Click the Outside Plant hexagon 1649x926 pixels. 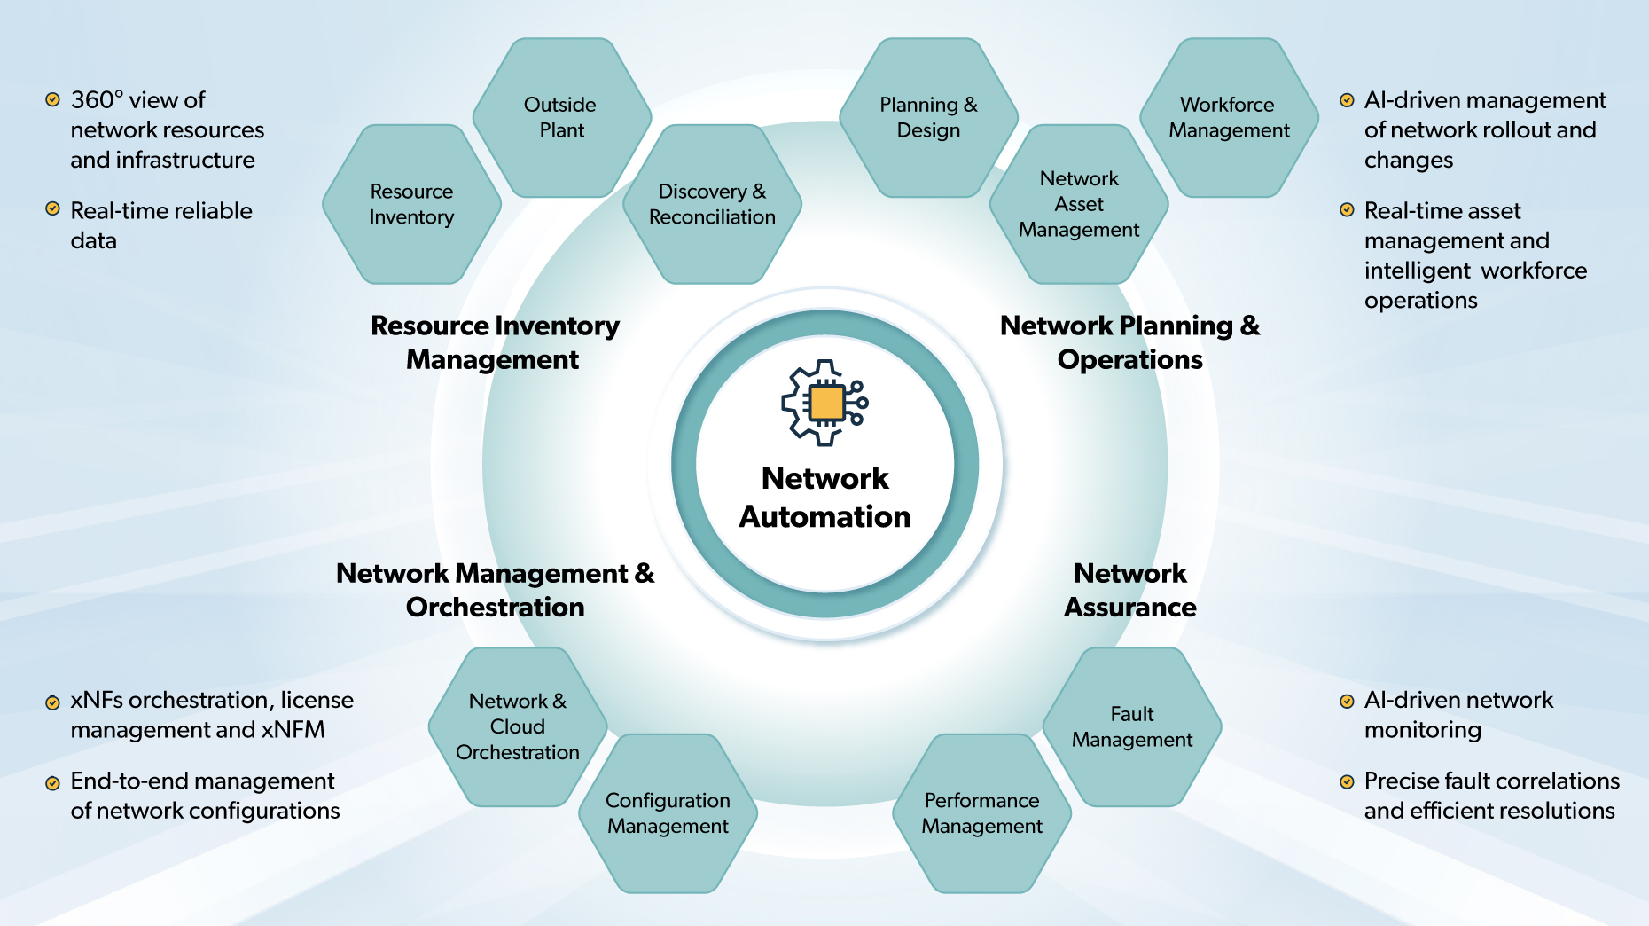[x=561, y=117]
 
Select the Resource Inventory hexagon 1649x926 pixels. [x=411, y=204]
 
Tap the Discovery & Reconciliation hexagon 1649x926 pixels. [x=712, y=204]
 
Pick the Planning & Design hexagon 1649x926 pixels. [x=928, y=117]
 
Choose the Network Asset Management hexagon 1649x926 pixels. [x=1079, y=204]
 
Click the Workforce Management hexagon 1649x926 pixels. [x=1229, y=117]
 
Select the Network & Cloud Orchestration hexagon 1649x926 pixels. [x=518, y=726]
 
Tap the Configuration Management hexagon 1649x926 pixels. [x=668, y=813]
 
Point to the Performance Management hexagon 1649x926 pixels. [x=981, y=813]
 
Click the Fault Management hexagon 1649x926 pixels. [x=1132, y=726]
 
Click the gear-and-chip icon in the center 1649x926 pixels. [x=824, y=403]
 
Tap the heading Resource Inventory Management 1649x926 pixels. [x=495, y=342]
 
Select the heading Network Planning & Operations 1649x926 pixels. [x=1129, y=342]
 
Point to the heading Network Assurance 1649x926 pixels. [x=1129, y=590]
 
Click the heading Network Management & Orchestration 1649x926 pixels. [x=495, y=590]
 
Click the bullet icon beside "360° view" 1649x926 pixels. [x=53, y=99]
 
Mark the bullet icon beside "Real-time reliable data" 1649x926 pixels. [x=53, y=209]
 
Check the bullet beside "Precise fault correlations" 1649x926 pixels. [x=1347, y=781]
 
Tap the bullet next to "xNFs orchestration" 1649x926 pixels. [x=53, y=702]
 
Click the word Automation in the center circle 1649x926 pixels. [x=824, y=516]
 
